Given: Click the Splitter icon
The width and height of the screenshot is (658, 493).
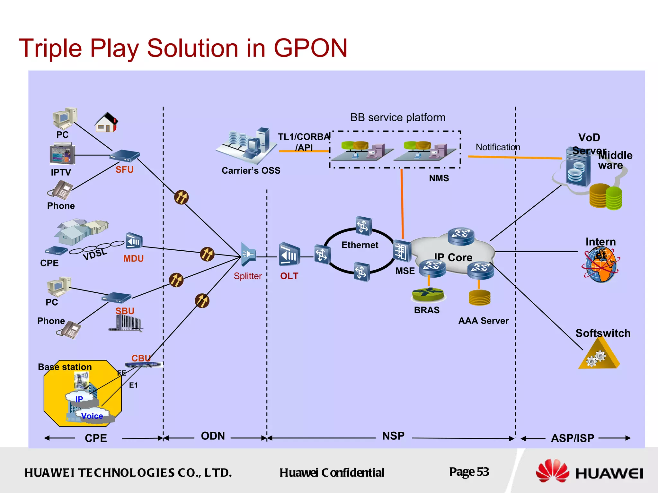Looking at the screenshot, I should click(248, 255).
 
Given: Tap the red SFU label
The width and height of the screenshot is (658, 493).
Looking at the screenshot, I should click(124, 169).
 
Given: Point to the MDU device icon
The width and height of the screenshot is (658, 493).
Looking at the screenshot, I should click(133, 241).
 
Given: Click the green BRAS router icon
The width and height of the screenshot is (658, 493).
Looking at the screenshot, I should click(428, 294).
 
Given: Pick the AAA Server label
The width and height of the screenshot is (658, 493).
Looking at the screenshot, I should click(483, 321).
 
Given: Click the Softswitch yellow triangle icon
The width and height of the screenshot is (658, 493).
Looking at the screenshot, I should click(599, 356).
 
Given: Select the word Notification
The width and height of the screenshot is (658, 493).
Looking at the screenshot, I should click(498, 147).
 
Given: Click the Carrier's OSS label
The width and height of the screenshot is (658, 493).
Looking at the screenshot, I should click(251, 170).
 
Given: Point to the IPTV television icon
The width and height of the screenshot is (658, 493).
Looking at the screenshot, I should click(62, 154).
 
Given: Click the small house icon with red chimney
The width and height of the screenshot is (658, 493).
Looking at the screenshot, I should click(106, 123).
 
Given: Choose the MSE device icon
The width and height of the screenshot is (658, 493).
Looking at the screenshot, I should click(402, 251).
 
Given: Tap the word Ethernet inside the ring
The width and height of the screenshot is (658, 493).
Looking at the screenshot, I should click(360, 245).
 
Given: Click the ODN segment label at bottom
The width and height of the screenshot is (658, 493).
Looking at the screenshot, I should click(213, 436).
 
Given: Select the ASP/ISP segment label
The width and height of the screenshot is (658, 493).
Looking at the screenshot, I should click(573, 438).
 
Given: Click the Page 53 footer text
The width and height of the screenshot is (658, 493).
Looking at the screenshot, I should click(469, 472).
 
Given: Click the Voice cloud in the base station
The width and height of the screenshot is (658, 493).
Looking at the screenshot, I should click(92, 416).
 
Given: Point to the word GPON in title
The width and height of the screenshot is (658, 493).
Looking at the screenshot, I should click(310, 48).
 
